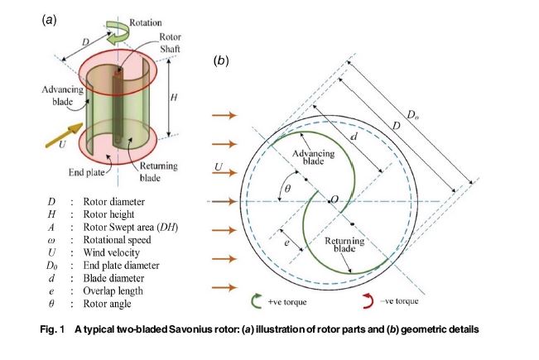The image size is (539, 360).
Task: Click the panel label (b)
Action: click(x=221, y=60)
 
